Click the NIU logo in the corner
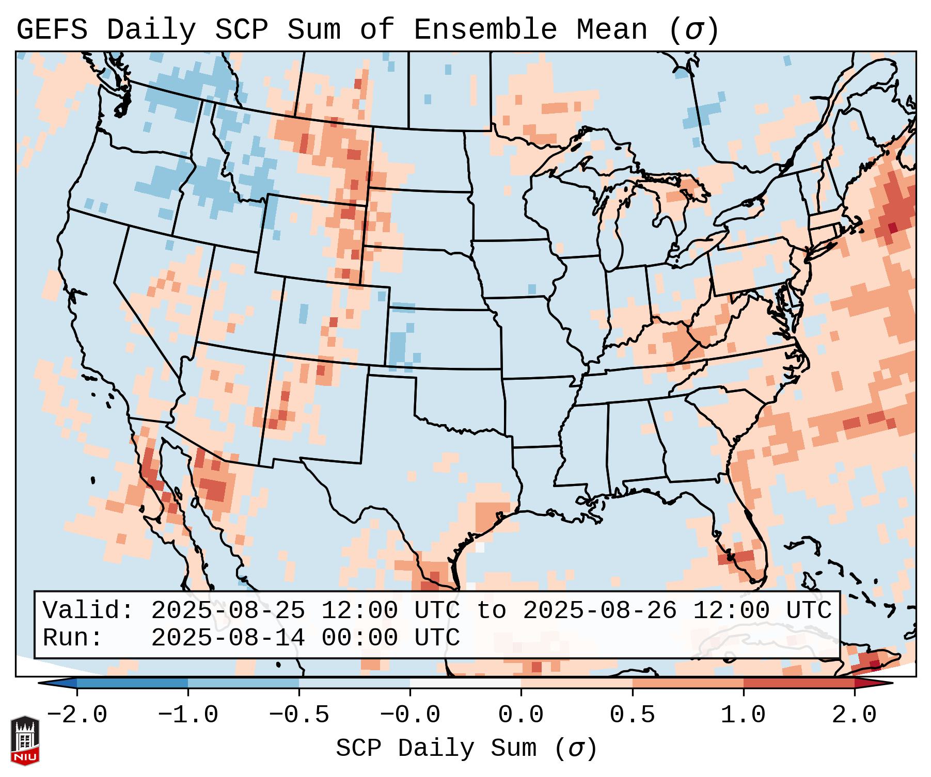pyautogui.click(x=25, y=740)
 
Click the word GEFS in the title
pyautogui.click(x=52, y=29)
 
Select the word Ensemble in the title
pyautogui.click(x=485, y=29)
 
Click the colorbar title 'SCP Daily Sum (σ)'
pyautogui.click(x=466, y=748)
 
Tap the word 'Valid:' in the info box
pyautogui.click(x=88, y=610)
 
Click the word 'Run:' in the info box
pyautogui.click(x=72, y=638)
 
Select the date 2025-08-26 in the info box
pyautogui.click(x=599, y=610)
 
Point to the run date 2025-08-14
pyautogui.click(x=228, y=638)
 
